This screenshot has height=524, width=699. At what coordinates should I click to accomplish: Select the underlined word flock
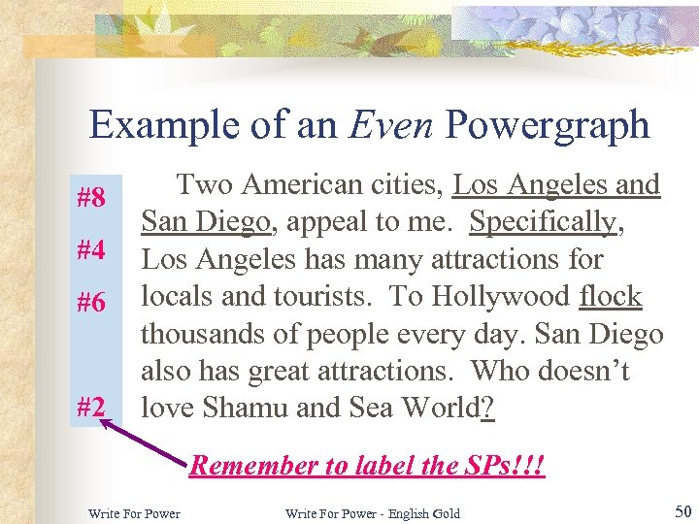click(610, 296)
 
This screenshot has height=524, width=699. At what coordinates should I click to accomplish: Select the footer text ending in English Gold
click(373, 512)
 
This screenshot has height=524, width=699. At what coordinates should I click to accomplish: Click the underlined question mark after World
click(487, 408)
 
